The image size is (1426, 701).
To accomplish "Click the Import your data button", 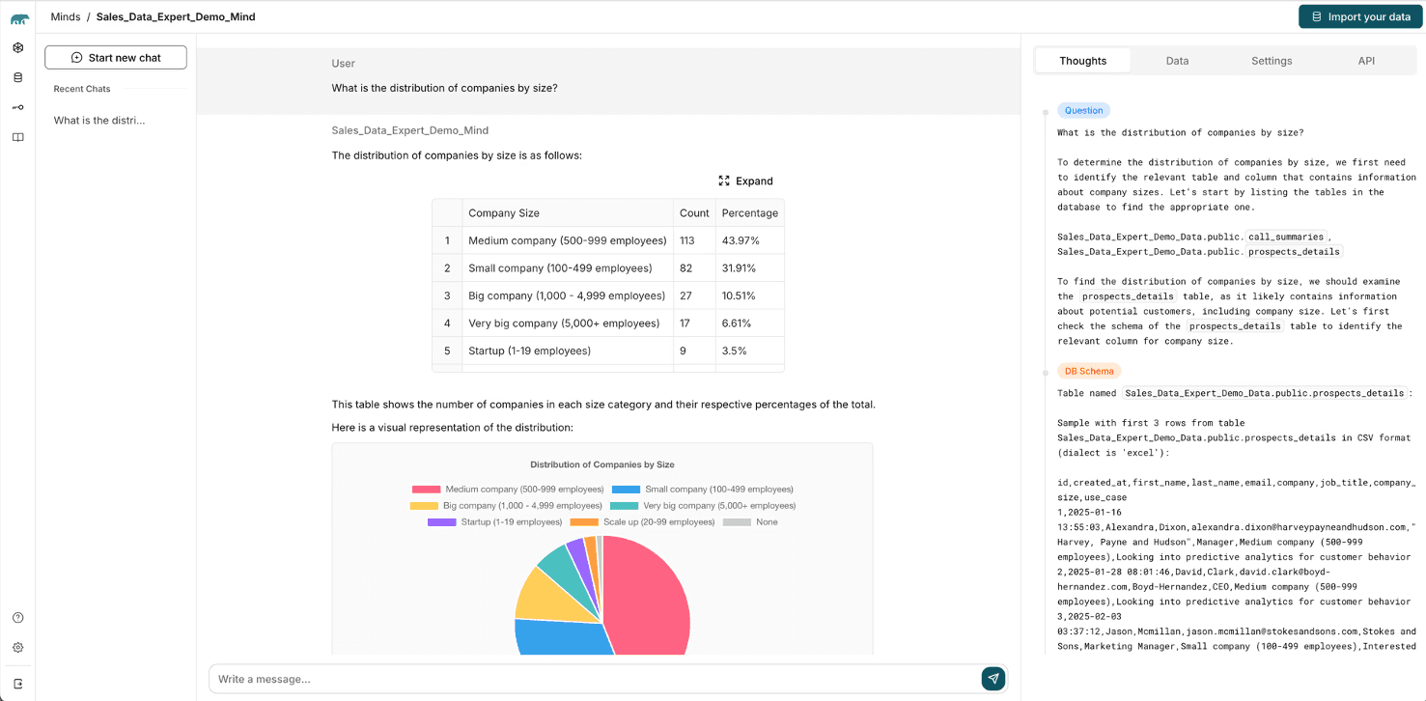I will pos(1360,16).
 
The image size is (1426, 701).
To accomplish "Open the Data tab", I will pos(1177,61).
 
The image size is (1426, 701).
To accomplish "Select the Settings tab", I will pos(1272,61).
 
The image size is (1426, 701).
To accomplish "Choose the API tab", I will pos(1366,61).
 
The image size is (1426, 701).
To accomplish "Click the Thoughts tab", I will pos(1082,61).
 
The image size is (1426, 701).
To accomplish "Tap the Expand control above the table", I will pos(746,181).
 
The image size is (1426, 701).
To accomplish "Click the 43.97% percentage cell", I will pos(741,240).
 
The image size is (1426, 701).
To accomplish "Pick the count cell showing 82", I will pos(687,268).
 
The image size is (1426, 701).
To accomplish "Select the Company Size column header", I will pos(504,213).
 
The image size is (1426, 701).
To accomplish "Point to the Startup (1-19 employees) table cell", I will pos(529,350).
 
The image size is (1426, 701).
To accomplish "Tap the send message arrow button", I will pos(993,679).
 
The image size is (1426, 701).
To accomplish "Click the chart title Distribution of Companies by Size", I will pos(601,464).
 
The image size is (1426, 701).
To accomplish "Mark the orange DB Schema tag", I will pos(1089,371).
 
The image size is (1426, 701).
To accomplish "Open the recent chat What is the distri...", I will pos(99,121).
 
